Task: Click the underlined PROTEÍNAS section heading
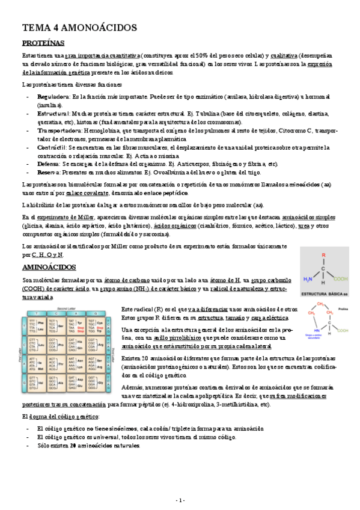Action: tap(43, 43)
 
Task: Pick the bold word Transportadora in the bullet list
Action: tap(59, 131)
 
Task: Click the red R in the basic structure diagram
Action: tap(323, 256)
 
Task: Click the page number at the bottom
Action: tap(180, 500)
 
